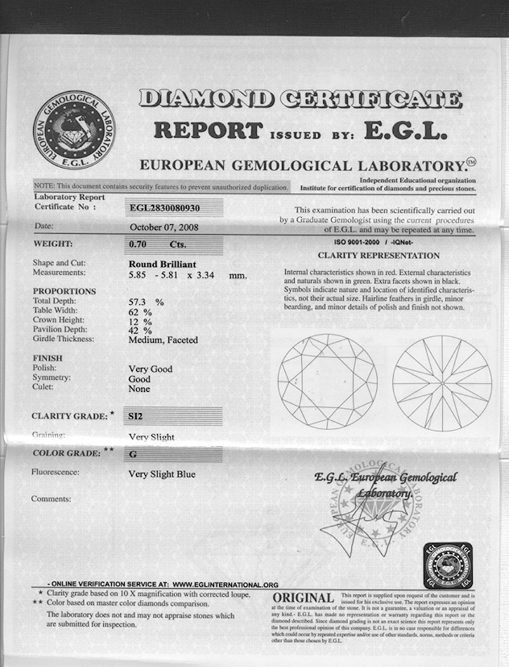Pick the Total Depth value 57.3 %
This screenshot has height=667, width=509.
(x=146, y=301)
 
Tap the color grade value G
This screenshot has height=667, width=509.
(x=132, y=454)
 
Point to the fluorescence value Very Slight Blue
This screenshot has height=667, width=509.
(x=162, y=474)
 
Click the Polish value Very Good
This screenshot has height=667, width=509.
(x=151, y=369)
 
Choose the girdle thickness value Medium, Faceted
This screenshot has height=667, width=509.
(x=163, y=340)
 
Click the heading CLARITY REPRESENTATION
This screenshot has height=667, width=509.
(x=379, y=255)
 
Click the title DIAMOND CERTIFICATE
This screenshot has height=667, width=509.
(x=300, y=99)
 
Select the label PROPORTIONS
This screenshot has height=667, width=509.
(x=64, y=291)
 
